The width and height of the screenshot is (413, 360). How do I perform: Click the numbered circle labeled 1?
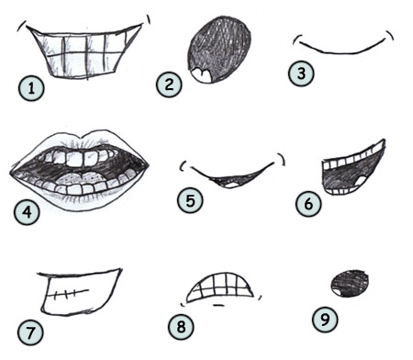[x=31, y=89]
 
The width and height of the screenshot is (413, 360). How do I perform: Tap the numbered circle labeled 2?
[x=169, y=85]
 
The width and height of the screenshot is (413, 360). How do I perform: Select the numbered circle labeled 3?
[x=299, y=73]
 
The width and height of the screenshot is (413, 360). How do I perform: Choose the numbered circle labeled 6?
[x=309, y=203]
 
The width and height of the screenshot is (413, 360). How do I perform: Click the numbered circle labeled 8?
[x=179, y=325]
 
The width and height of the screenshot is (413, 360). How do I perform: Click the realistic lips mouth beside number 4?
[x=80, y=171]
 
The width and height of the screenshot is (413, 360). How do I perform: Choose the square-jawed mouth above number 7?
[x=77, y=289]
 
